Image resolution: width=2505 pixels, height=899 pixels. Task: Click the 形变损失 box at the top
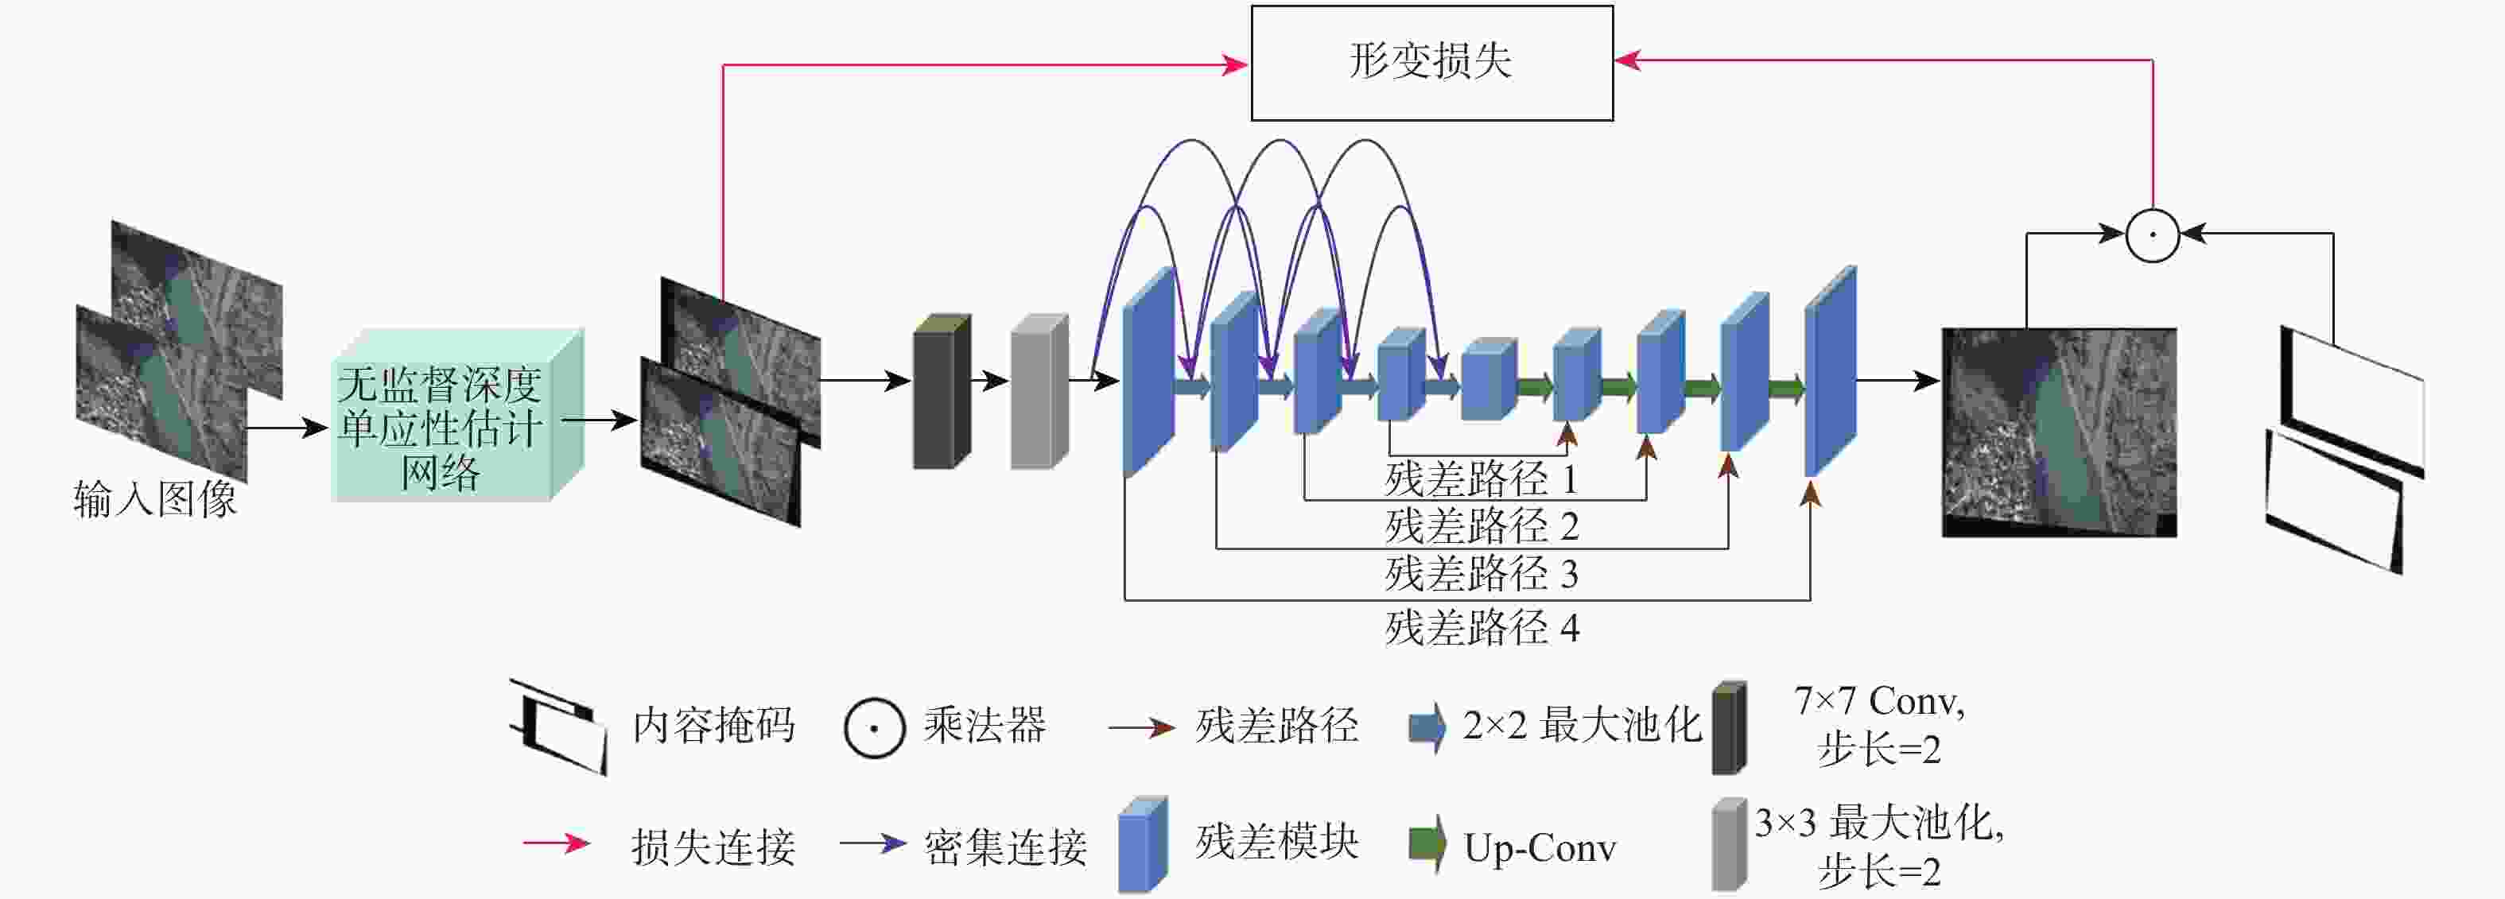click(1431, 63)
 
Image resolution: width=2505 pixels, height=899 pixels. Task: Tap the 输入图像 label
click(156, 499)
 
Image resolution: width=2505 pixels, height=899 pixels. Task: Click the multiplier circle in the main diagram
click(2152, 234)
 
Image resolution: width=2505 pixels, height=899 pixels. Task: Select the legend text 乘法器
click(985, 725)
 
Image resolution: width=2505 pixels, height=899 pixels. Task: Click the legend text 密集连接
click(1004, 847)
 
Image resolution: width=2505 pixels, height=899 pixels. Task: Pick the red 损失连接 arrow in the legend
click(556, 843)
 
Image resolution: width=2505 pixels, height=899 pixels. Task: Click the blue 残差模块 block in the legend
click(1142, 843)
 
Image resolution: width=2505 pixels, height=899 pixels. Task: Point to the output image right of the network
click(2059, 432)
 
